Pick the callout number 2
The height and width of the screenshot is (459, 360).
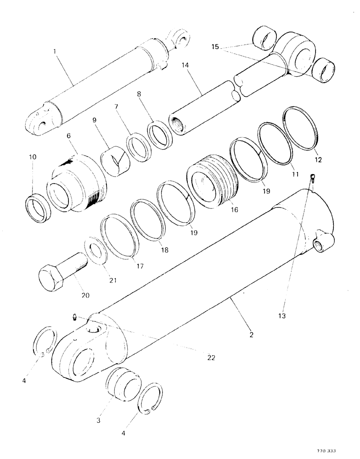pos(252,335)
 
